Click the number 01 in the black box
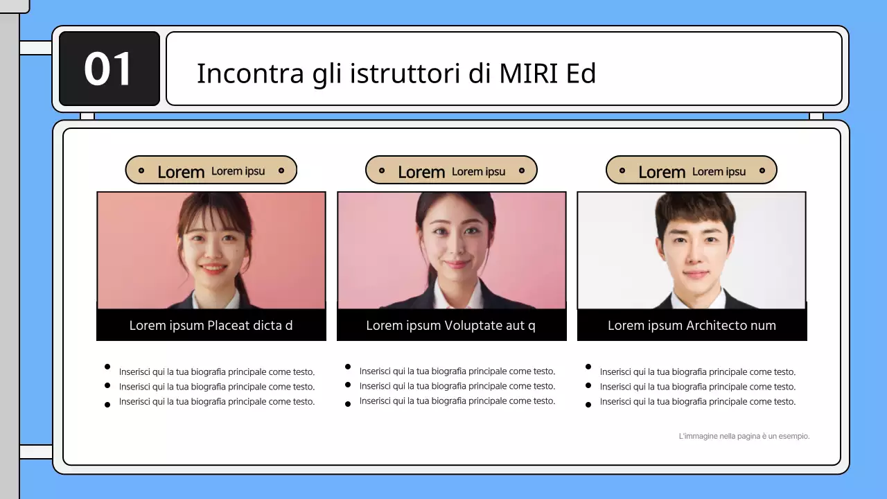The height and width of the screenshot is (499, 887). [108, 69]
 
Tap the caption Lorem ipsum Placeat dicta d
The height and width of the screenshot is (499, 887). [211, 326]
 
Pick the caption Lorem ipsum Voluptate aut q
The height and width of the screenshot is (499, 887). [450, 326]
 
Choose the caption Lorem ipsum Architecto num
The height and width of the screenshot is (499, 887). [692, 326]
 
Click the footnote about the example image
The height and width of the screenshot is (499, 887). [744, 437]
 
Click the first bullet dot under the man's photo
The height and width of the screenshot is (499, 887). [588, 367]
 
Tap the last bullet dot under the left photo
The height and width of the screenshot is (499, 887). [107, 405]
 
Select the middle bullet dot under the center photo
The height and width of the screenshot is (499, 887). [348, 385]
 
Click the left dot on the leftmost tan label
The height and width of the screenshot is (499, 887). [141, 170]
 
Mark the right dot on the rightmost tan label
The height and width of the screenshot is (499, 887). [762, 170]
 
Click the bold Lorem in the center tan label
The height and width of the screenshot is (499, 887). [421, 172]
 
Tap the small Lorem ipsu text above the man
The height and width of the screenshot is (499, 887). [719, 172]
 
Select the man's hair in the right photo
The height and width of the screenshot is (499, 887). [695, 208]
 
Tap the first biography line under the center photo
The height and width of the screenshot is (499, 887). [457, 371]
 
